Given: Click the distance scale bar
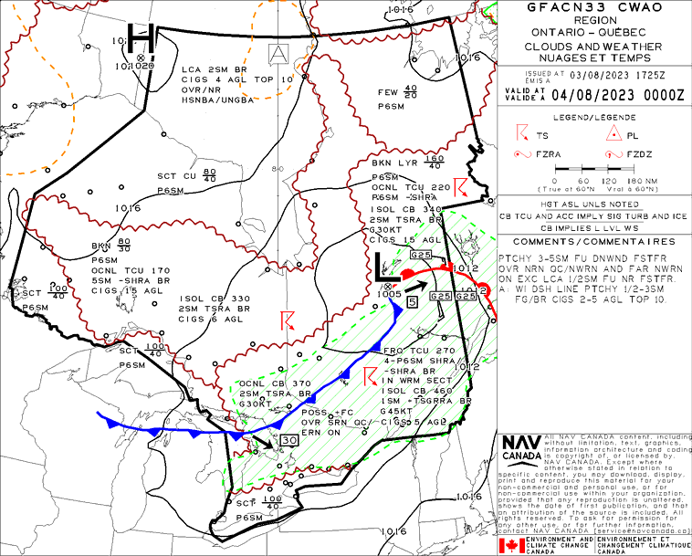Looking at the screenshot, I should (593, 169).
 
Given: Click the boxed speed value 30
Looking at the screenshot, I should (289, 440).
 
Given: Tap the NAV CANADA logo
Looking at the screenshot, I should (520, 447).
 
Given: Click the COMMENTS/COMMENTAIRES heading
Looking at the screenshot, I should (593, 242).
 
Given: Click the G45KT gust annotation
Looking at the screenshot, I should (387, 412).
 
